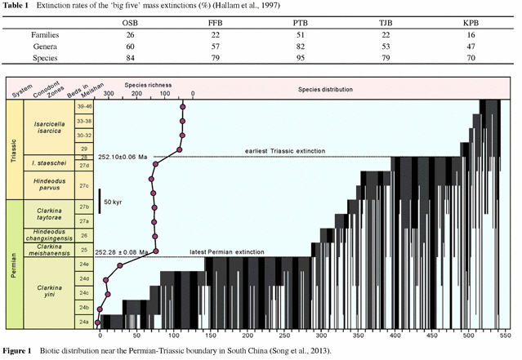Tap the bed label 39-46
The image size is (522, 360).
coord(82,105)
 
